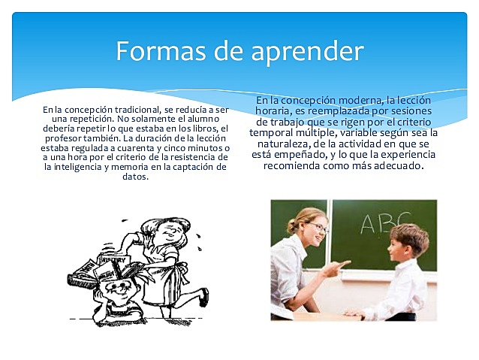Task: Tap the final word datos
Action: click(136, 177)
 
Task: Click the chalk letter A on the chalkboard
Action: click(369, 224)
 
